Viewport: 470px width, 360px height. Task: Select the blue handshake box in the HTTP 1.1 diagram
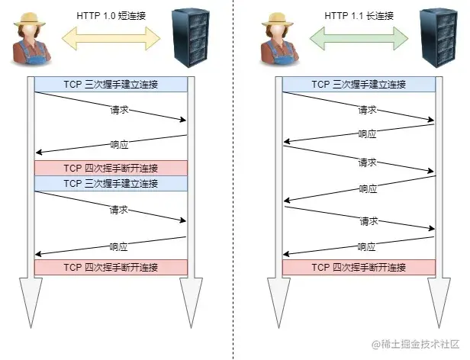pos(359,85)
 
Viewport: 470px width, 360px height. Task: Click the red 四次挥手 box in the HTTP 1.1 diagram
pos(359,268)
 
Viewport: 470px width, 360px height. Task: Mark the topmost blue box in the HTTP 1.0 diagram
pos(111,85)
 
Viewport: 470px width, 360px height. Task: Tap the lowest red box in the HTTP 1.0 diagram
pos(111,268)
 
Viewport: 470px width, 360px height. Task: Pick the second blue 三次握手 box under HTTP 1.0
pos(111,184)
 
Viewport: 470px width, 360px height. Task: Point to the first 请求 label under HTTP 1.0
pos(118,111)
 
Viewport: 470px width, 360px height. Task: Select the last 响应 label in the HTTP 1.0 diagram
pos(118,247)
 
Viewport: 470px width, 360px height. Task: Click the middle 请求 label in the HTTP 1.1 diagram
pos(368,163)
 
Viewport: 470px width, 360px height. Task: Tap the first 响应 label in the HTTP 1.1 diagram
pos(368,134)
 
